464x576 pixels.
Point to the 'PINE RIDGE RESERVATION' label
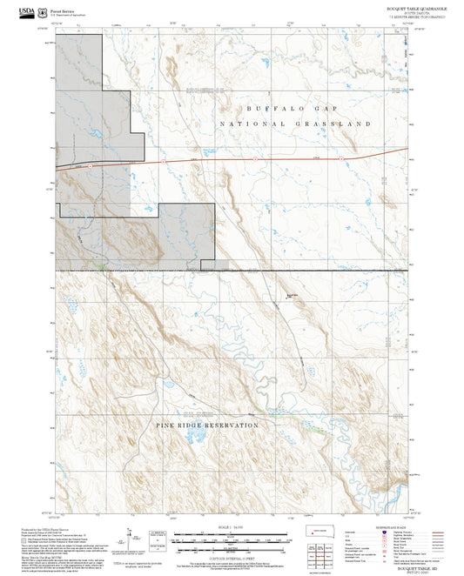point(207,425)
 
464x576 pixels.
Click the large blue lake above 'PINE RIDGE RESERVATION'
point(170,384)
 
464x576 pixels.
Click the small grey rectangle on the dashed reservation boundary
point(223,265)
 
